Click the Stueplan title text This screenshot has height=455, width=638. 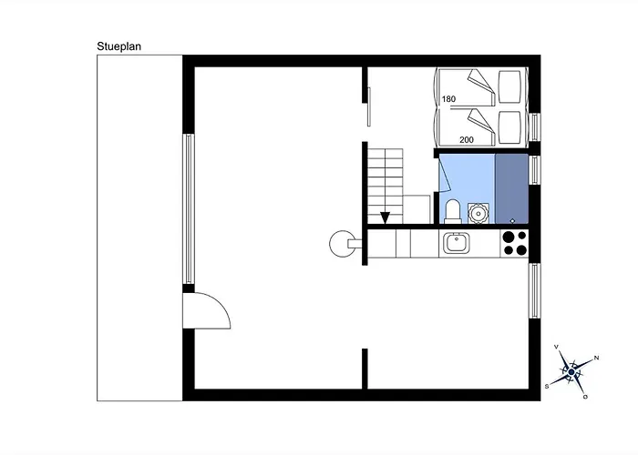[118, 46]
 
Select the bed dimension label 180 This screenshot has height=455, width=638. [448, 98]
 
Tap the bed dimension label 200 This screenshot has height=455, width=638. [467, 140]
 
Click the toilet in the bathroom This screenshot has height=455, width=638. [452, 211]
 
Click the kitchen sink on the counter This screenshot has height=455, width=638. [456, 243]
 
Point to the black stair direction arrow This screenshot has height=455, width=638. [385, 217]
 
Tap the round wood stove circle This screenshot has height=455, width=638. [342, 244]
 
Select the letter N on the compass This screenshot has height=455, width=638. [596, 358]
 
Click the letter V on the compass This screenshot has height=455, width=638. [556, 347]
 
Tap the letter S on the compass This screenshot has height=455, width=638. [547, 386]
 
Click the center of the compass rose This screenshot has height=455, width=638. [571, 371]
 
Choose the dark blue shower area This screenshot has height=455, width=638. [512, 188]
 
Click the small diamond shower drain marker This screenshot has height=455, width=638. [512, 220]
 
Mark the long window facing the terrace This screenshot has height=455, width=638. [188, 208]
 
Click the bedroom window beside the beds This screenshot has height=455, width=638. [535, 126]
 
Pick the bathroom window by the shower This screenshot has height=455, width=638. [535, 170]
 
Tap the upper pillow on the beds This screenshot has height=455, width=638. [509, 87]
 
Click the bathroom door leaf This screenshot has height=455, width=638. [445, 175]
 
